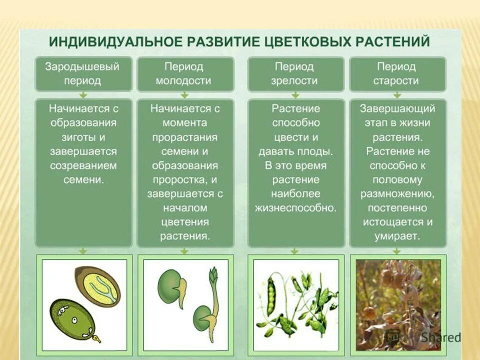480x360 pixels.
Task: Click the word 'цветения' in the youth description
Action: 185,221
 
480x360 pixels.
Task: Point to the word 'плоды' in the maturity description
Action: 316,151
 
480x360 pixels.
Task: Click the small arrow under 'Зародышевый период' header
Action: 83,94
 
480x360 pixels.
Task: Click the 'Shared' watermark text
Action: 440,336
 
